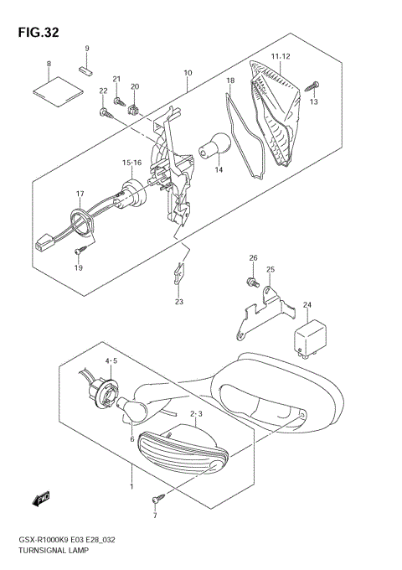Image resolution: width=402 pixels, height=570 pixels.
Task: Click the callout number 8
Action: point(49,65)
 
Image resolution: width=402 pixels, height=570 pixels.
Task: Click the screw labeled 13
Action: point(314,85)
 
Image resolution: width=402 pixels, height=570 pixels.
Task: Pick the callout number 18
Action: point(229,82)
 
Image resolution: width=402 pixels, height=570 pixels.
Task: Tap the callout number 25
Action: point(271,270)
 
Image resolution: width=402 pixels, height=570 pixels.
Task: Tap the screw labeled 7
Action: point(156,500)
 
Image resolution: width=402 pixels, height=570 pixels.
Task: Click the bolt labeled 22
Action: point(104,111)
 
